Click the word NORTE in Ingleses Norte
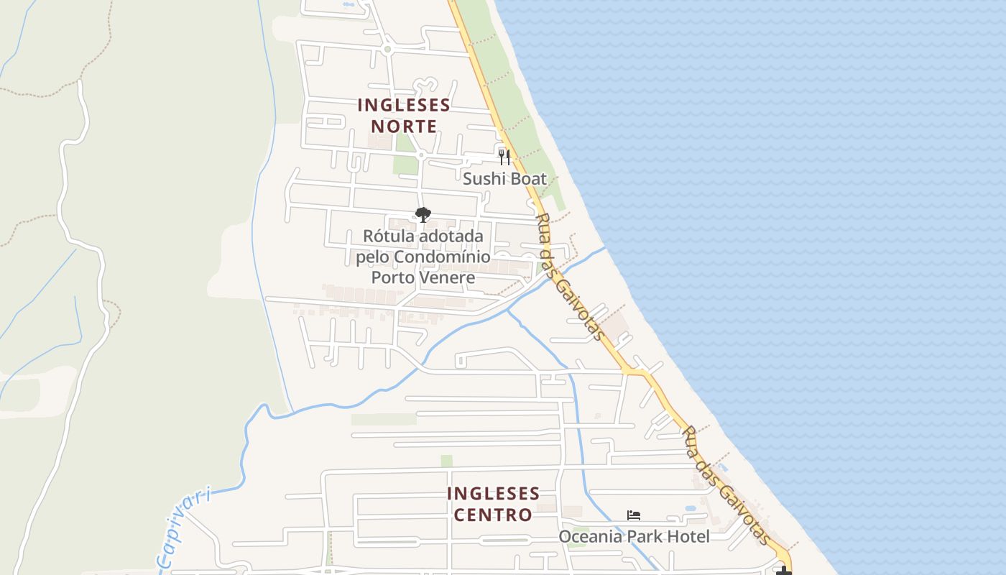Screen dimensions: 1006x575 click(404, 126)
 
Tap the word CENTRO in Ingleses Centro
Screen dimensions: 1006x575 click(493, 515)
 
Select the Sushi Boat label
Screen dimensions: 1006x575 click(504, 179)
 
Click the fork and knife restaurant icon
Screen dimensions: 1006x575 click(504, 156)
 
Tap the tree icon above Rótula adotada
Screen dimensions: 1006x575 click(423, 214)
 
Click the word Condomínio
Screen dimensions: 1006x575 click(442, 257)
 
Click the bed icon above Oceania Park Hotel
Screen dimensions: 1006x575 click(634, 515)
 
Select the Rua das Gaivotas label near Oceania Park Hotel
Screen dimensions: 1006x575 click(726, 485)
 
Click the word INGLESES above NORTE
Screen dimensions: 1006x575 click(404, 105)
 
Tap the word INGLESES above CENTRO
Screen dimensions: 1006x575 click(493, 494)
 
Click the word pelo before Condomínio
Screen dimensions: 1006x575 click(373, 257)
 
